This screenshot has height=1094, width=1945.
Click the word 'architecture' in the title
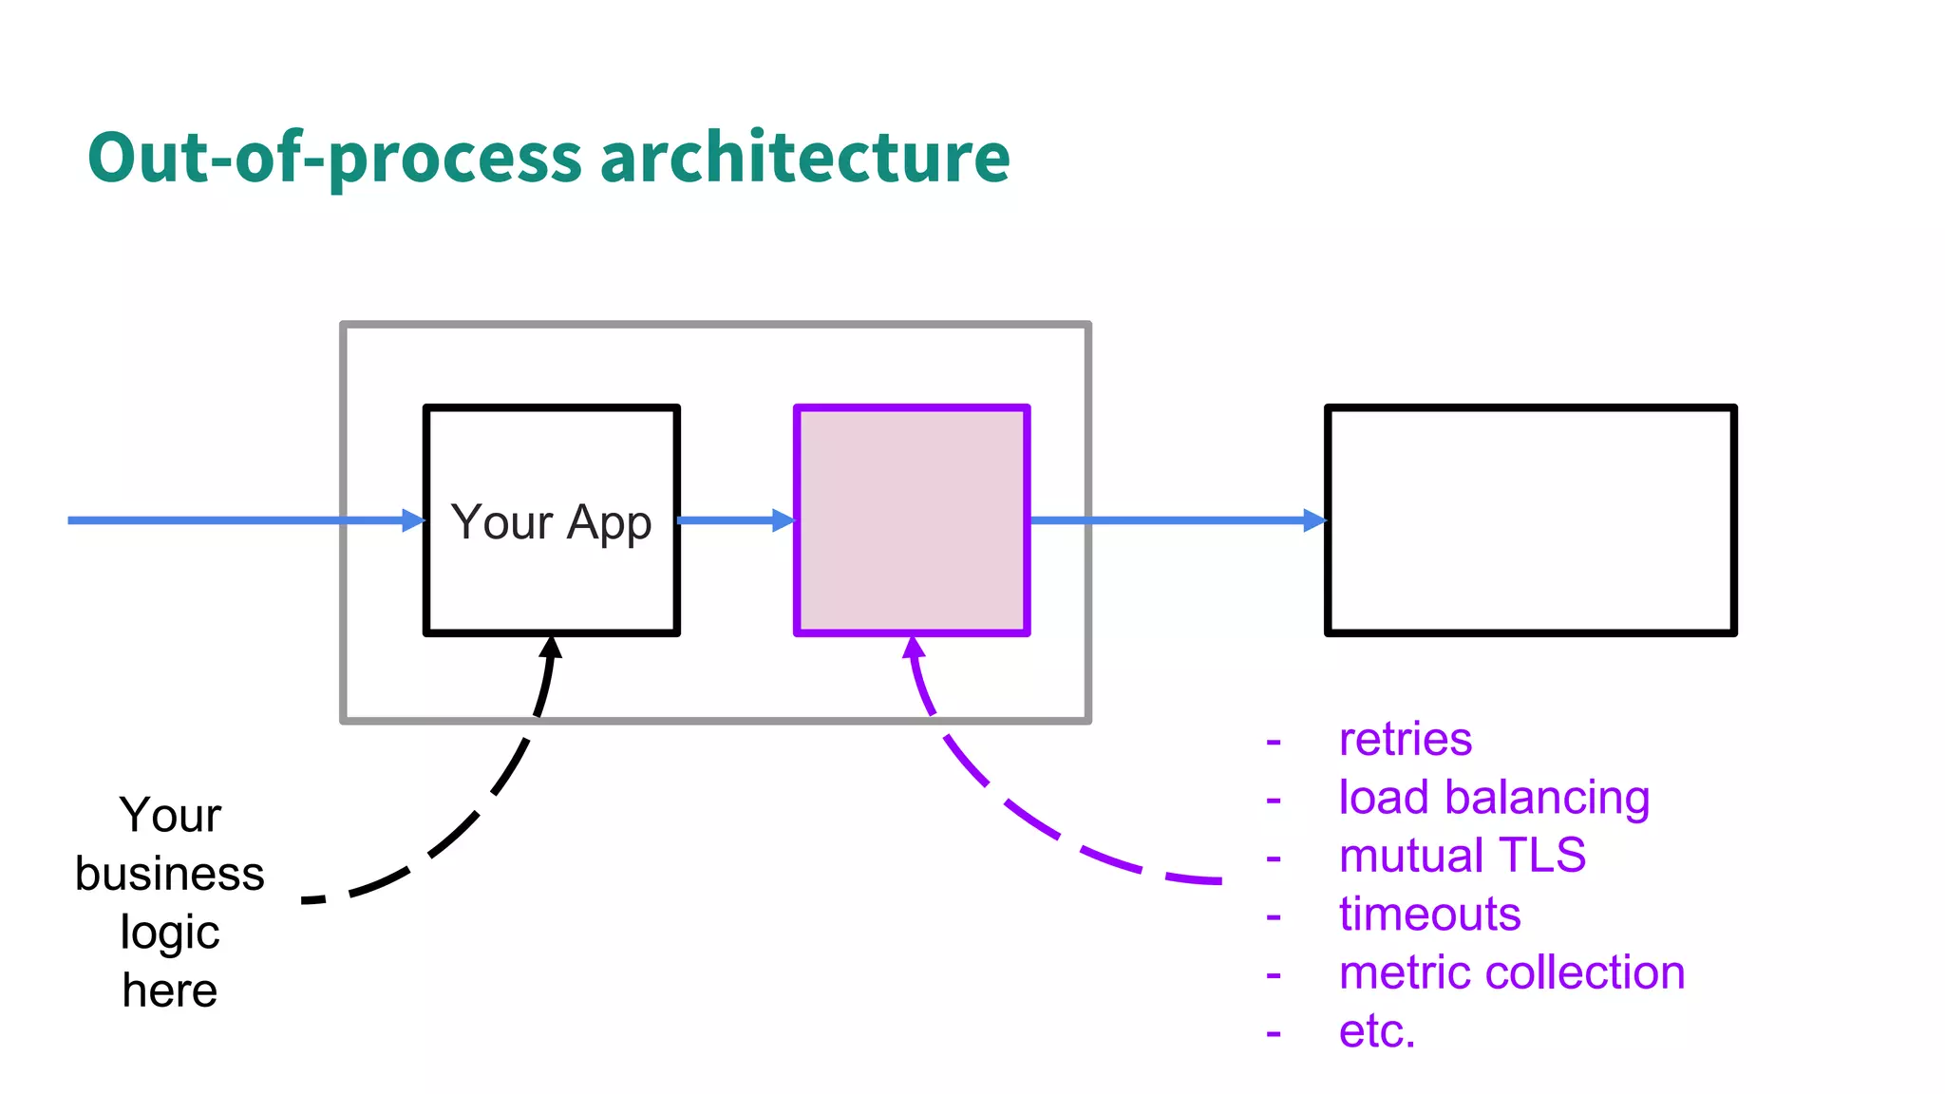804,158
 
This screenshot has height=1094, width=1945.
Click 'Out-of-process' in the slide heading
333,158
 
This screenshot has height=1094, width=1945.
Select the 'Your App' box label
551,522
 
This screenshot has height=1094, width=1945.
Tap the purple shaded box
912,520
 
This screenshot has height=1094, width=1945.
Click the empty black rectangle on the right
1530,520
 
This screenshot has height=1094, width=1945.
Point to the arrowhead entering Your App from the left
414,520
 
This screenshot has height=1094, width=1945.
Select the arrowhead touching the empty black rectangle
1314,520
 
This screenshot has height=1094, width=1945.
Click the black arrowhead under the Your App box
551,648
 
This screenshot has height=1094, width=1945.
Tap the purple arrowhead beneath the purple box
914,648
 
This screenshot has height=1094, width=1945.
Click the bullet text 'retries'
1405,740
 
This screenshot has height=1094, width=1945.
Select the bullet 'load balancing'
1493,798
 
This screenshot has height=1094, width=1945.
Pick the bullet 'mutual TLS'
1462,856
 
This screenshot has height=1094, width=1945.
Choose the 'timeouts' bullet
1429,915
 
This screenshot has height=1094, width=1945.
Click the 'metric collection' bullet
1511,973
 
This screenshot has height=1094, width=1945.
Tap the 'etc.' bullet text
1376,1031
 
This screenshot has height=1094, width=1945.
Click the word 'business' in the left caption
170,874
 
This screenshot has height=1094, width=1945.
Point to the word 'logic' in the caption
170,933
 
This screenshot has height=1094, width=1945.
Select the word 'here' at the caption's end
170,991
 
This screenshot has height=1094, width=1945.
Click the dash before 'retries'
1274,742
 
